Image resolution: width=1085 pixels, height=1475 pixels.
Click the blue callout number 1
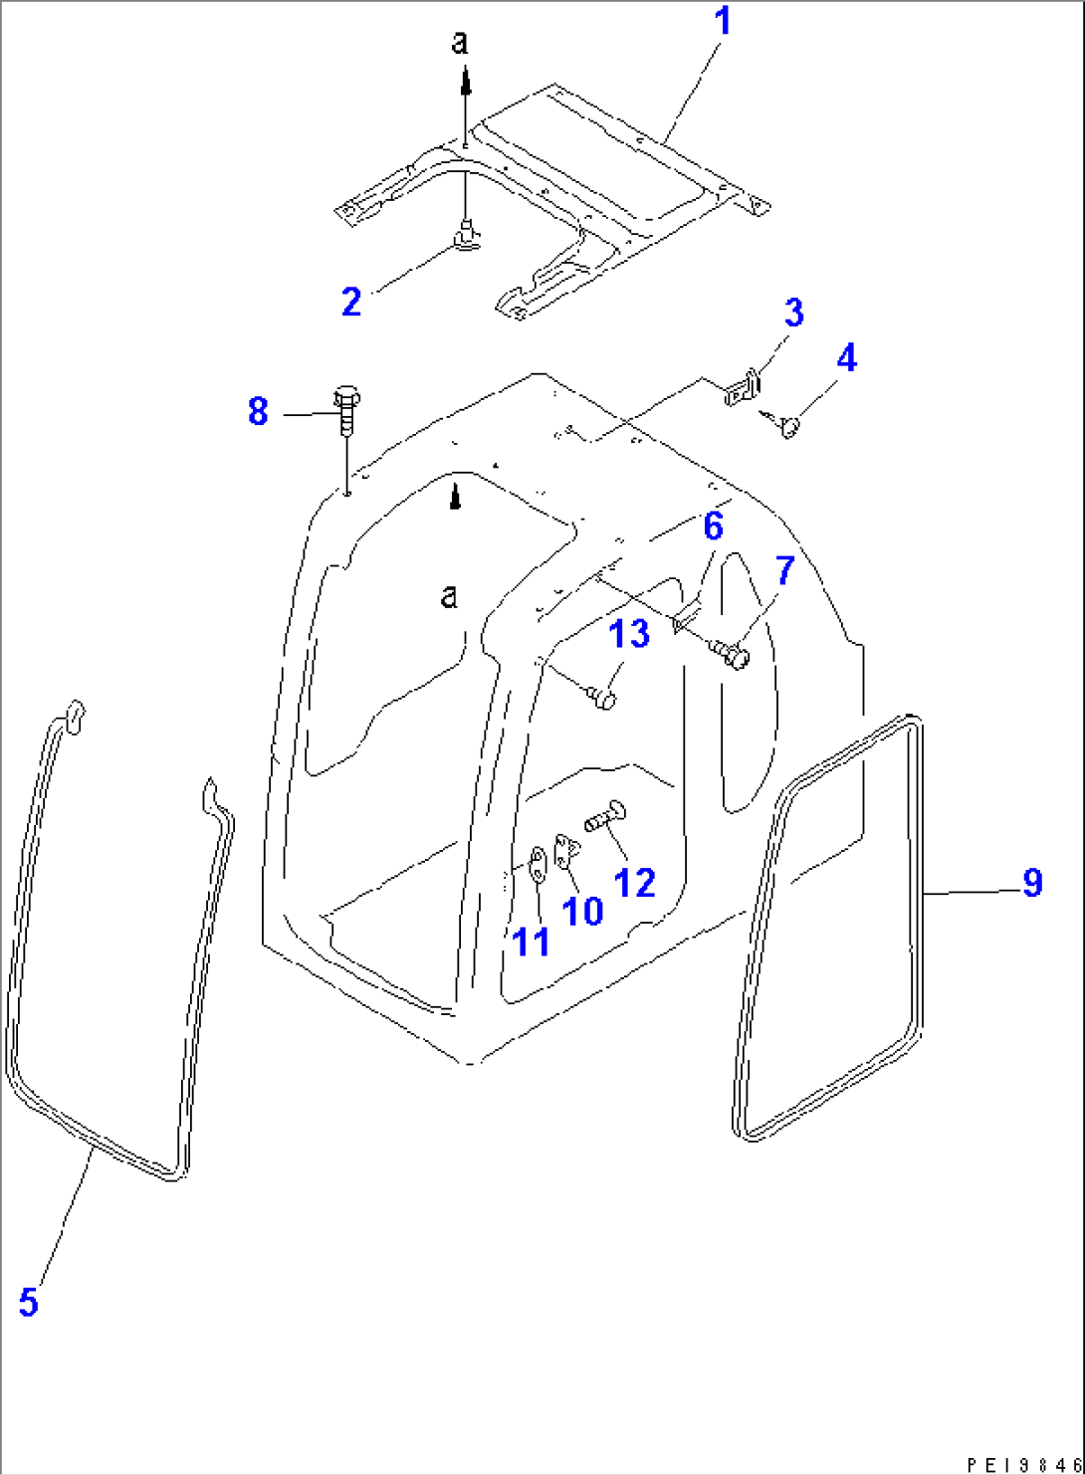click(723, 21)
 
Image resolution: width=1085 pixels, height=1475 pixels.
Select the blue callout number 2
click(351, 302)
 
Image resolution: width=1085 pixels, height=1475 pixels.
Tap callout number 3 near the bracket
click(794, 313)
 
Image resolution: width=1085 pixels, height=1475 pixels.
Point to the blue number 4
click(847, 357)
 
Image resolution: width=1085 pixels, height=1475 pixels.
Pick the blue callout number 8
click(258, 412)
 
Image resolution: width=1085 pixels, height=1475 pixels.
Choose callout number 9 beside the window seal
click(1032, 883)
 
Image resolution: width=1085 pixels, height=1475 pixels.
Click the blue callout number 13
click(629, 633)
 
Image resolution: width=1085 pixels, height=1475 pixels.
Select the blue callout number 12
click(635, 882)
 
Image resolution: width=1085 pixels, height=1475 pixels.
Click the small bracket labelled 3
click(744, 388)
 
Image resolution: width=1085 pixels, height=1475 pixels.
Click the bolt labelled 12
click(605, 816)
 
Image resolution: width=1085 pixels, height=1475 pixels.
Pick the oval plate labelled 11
click(538, 865)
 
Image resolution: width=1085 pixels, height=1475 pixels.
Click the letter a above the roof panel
click(460, 42)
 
